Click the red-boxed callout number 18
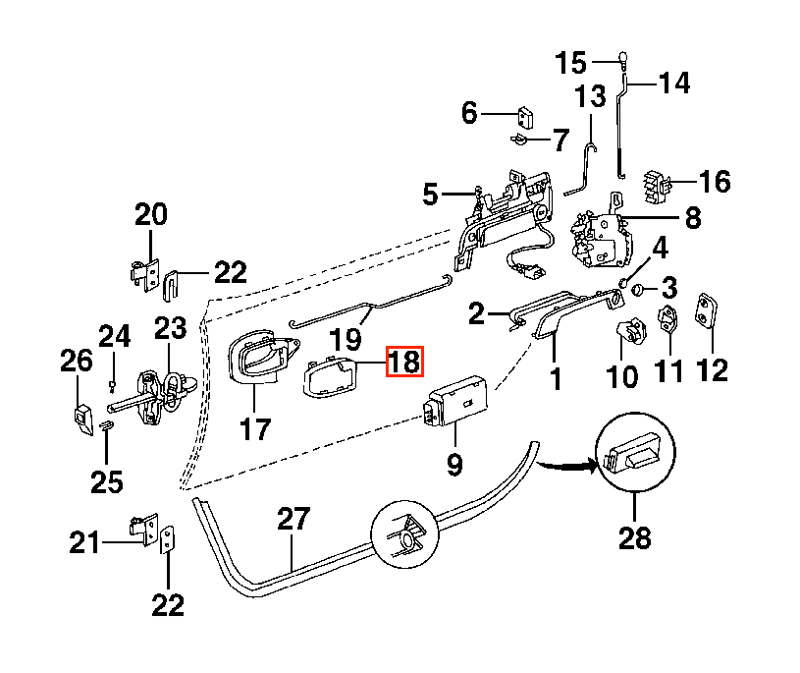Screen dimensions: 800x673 (404, 362)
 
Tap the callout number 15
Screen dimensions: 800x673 (570, 63)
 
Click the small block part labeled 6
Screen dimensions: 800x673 (525, 118)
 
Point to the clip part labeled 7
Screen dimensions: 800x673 (518, 139)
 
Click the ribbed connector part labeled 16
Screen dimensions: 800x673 (656, 186)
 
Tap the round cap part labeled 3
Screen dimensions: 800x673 (638, 290)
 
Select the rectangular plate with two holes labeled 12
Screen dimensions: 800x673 (707, 311)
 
